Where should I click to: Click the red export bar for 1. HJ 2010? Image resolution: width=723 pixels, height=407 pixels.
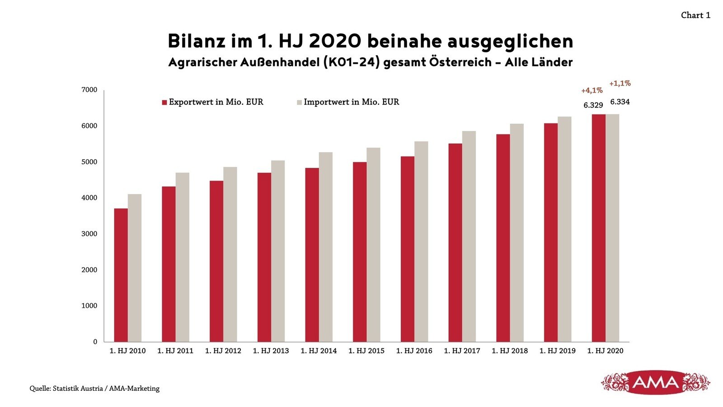pyautogui.click(x=121, y=275)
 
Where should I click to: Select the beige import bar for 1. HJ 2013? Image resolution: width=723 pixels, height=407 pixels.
pyautogui.click(x=278, y=251)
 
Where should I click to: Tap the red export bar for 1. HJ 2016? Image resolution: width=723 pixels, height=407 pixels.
pyautogui.click(x=407, y=249)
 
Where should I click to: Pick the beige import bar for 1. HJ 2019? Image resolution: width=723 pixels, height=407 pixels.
pyautogui.click(x=564, y=229)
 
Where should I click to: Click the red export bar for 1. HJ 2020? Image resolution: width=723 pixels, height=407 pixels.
pyautogui.click(x=598, y=228)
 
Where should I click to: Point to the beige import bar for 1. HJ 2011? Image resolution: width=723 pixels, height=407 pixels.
pyautogui.click(x=183, y=257)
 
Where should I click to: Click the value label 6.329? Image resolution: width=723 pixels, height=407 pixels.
pyautogui.click(x=593, y=105)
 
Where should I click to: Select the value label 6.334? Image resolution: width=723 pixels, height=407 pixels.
pyautogui.click(x=620, y=102)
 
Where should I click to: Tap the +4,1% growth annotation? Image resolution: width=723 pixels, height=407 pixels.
pyautogui.click(x=592, y=90)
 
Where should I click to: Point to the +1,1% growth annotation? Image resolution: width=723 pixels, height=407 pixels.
pyautogui.click(x=620, y=83)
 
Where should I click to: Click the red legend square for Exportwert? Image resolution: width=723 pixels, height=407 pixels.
pyautogui.click(x=164, y=102)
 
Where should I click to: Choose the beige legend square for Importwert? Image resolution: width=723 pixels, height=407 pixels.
pyautogui.click(x=299, y=102)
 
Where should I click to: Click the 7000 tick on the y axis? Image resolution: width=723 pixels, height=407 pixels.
pyautogui.click(x=89, y=90)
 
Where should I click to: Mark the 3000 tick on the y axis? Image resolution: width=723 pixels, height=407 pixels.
pyautogui.click(x=89, y=234)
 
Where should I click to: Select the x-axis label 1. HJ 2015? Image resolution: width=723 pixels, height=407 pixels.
pyautogui.click(x=366, y=351)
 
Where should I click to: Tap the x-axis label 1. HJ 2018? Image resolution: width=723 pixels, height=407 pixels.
pyautogui.click(x=509, y=351)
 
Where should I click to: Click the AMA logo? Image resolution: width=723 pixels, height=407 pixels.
pyautogui.click(x=656, y=383)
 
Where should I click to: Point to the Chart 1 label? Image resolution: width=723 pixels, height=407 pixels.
pyautogui.click(x=695, y=15)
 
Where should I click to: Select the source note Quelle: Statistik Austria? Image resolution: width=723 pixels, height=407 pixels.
pyautogui.click(x=94, y=388)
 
